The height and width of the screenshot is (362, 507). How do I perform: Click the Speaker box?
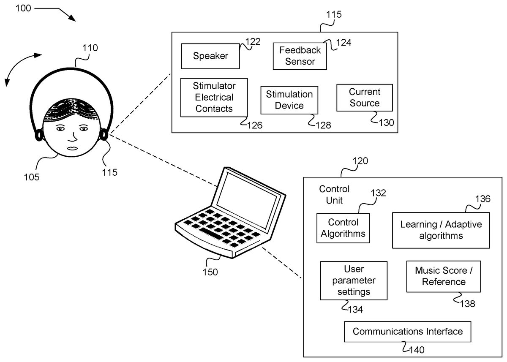pos(210,56)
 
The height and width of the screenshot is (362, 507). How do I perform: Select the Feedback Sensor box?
pos(300,56)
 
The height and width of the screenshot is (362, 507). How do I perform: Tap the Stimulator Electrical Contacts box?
pos(214,97)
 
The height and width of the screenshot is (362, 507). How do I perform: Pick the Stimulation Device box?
pos(289,100)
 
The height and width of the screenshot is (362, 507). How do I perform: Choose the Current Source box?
pos(364,98)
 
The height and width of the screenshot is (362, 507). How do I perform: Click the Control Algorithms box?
pos(343,228)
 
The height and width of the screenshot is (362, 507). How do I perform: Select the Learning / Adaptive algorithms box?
pos(441,230)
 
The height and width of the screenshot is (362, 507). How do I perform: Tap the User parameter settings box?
pos(354,280)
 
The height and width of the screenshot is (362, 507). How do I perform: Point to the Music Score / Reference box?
pos(443,276)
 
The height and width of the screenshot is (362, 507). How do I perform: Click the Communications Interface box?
pos(407,332)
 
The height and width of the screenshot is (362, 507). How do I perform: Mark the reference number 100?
pos(23,8)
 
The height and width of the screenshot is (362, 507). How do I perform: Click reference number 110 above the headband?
pos(90,48)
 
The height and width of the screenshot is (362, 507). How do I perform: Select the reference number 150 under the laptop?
pos(210,272)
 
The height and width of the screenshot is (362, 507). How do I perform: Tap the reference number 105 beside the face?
pos(31,177)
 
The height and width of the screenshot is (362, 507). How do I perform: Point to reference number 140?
pos(417,350)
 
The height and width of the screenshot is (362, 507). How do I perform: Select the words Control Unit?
pos(334,194)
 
